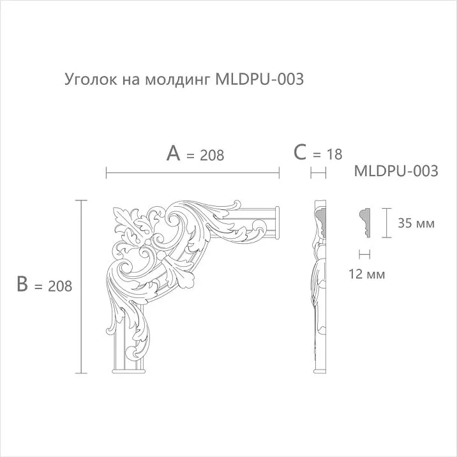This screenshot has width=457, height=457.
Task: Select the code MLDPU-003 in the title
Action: (259, 80)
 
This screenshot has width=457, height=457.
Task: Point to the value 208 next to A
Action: (211, 154)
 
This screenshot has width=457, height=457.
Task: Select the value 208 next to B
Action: (59, 287)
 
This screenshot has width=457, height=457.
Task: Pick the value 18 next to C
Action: (334, 154)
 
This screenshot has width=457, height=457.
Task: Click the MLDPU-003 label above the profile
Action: (396, 171)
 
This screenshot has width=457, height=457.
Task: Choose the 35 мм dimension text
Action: (416, 223)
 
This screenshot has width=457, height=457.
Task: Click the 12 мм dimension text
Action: (368, 274)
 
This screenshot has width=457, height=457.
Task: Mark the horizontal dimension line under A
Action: (192, 172)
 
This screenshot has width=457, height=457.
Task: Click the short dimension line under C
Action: (318, 172)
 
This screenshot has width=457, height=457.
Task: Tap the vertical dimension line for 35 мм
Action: (386, 223)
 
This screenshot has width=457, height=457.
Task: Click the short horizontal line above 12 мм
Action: (365, 254)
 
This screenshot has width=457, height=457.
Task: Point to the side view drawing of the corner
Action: (318, 287)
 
